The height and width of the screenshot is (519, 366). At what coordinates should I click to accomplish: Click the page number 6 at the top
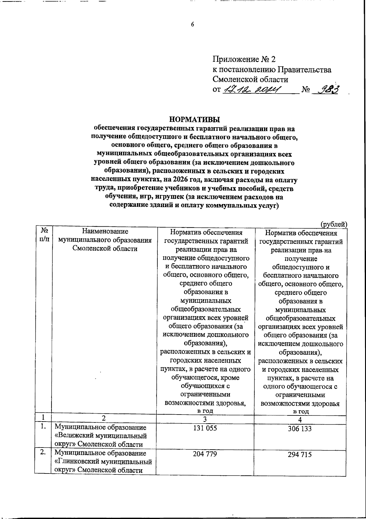[x=192, y=25]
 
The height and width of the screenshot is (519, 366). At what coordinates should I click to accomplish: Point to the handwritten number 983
[x=328, y=90]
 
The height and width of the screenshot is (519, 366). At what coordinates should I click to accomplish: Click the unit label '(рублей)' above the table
[x=334, y=224]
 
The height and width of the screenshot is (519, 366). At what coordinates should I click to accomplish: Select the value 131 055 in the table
[x=205, y=428]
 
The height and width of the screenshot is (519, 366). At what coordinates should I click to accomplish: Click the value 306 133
[x=300, y=429]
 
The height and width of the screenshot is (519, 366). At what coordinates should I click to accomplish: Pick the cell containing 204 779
[x=205, y=454]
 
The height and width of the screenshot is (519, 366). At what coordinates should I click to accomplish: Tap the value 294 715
[x=300, y=455]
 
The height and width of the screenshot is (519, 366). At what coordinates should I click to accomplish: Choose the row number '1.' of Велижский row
[x=43, y=427]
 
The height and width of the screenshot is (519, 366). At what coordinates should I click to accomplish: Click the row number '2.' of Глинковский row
[x=43, y=453]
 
